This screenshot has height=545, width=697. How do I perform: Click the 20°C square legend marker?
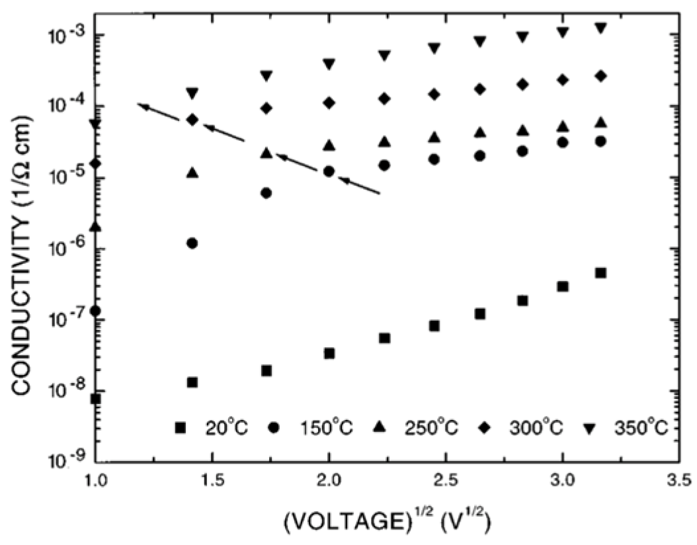click(180, 428)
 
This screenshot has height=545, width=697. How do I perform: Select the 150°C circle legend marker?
click(273, 428)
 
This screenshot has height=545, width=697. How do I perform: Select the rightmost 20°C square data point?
click(600, 272)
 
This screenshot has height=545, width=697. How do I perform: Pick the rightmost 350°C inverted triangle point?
click(600, 28)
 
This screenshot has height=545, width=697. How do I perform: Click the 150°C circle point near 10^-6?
click(192, 243)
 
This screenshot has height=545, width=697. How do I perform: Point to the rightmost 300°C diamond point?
click(600, 76)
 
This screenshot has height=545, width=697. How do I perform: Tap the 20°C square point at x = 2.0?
click(329, 353)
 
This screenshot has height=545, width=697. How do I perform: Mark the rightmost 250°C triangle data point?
click(600, 122)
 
